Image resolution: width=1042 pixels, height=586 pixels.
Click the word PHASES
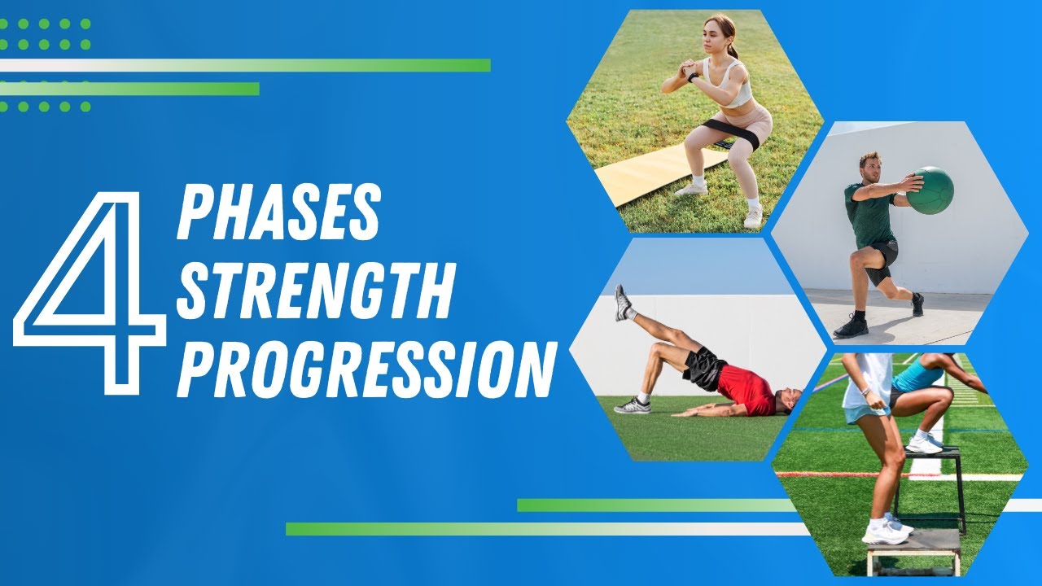point(278,213)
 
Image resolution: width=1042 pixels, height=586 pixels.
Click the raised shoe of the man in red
point(623,303)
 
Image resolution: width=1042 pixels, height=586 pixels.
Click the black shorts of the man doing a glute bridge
point(702,369)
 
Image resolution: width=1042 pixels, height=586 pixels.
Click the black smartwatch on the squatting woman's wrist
point(693,77)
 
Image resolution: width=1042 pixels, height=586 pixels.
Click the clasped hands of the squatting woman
point(685,68)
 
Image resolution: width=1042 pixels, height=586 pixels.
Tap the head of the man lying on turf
point(786,400)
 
